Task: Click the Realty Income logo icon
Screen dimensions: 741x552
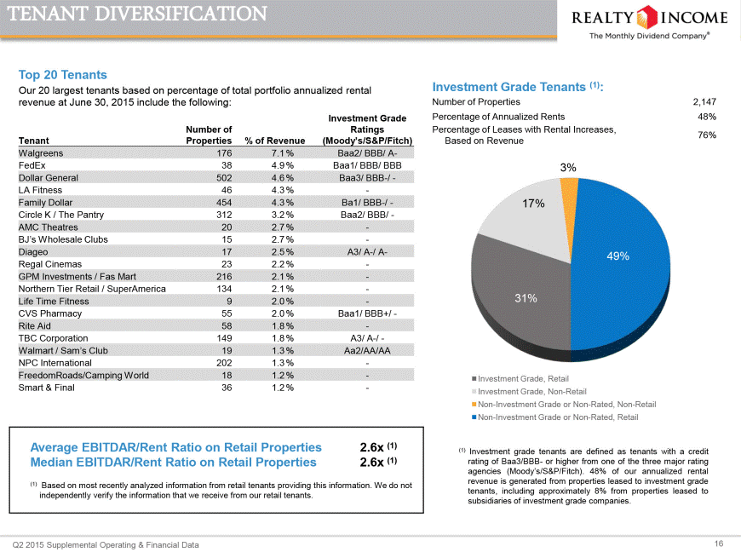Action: click(646, 17)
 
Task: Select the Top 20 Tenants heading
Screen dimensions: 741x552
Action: click(63, 75)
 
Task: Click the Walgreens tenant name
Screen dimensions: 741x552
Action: click(41, 153)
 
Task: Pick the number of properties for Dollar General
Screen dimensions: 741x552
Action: click(224, 178)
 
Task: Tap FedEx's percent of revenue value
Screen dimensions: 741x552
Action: click(283, 165)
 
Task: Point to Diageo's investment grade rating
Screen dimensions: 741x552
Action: click(367, 252)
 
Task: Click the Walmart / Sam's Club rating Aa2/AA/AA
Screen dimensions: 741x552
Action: click(367, 351)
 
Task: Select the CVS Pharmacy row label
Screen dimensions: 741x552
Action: click(50, 313)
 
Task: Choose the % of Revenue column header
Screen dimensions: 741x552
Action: click(275, 141)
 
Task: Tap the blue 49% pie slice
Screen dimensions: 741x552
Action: click(619, 265)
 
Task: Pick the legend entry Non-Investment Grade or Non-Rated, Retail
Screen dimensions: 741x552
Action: click(554, 417)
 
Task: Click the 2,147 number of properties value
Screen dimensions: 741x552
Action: click(704, 101)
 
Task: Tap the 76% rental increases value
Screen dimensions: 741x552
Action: click(707, 135)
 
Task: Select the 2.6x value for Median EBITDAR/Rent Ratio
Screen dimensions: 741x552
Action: click(372, 463)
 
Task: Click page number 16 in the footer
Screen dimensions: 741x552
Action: click(719, 543)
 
